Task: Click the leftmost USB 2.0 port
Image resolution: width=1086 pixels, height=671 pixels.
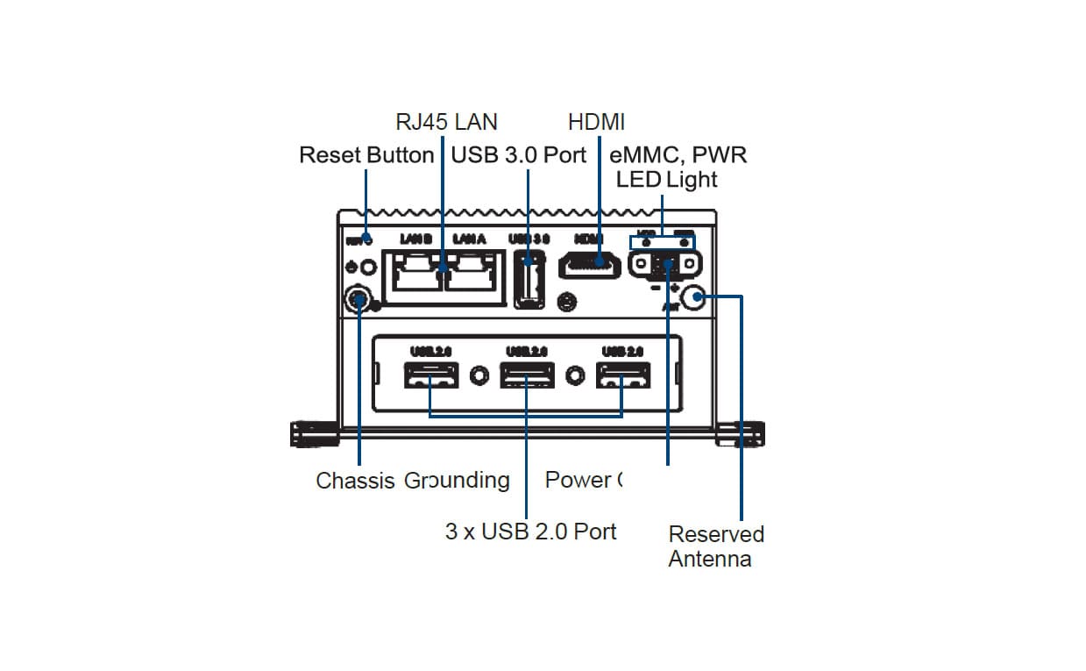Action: pyautogui.click(x=430, y=376)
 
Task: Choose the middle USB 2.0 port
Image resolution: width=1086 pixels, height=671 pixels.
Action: pyautogui.click(x=526, y=376)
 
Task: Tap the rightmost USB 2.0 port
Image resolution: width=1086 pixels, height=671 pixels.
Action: pyautogui.click(x=622, y=376)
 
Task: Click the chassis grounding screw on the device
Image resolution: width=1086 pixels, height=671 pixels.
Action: pyautogui.click(x=358, y=300)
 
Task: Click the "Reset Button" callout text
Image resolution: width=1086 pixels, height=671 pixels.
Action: pyautogui.click(x=366, y=155)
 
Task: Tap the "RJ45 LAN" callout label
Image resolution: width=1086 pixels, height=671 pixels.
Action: pyautogui.click(x=446, y=122)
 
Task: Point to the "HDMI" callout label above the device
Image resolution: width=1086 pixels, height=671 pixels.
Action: pyautogui.click(x=596, y=122)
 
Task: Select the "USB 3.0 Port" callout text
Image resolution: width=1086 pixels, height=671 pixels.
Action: pyautogui.click(x=518, y=155)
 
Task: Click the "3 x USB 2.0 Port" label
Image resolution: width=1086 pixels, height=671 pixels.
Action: pyautogui.click(x=531, y=532)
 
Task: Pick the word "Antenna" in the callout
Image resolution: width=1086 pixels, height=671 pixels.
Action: pyautogui.click(x=709, y=560)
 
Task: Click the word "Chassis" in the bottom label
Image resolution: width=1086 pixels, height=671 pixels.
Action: pyautogui.click(x=355, y=481)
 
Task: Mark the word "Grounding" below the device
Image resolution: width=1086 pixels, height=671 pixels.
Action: pyautogui.click(x=457, y=481)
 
